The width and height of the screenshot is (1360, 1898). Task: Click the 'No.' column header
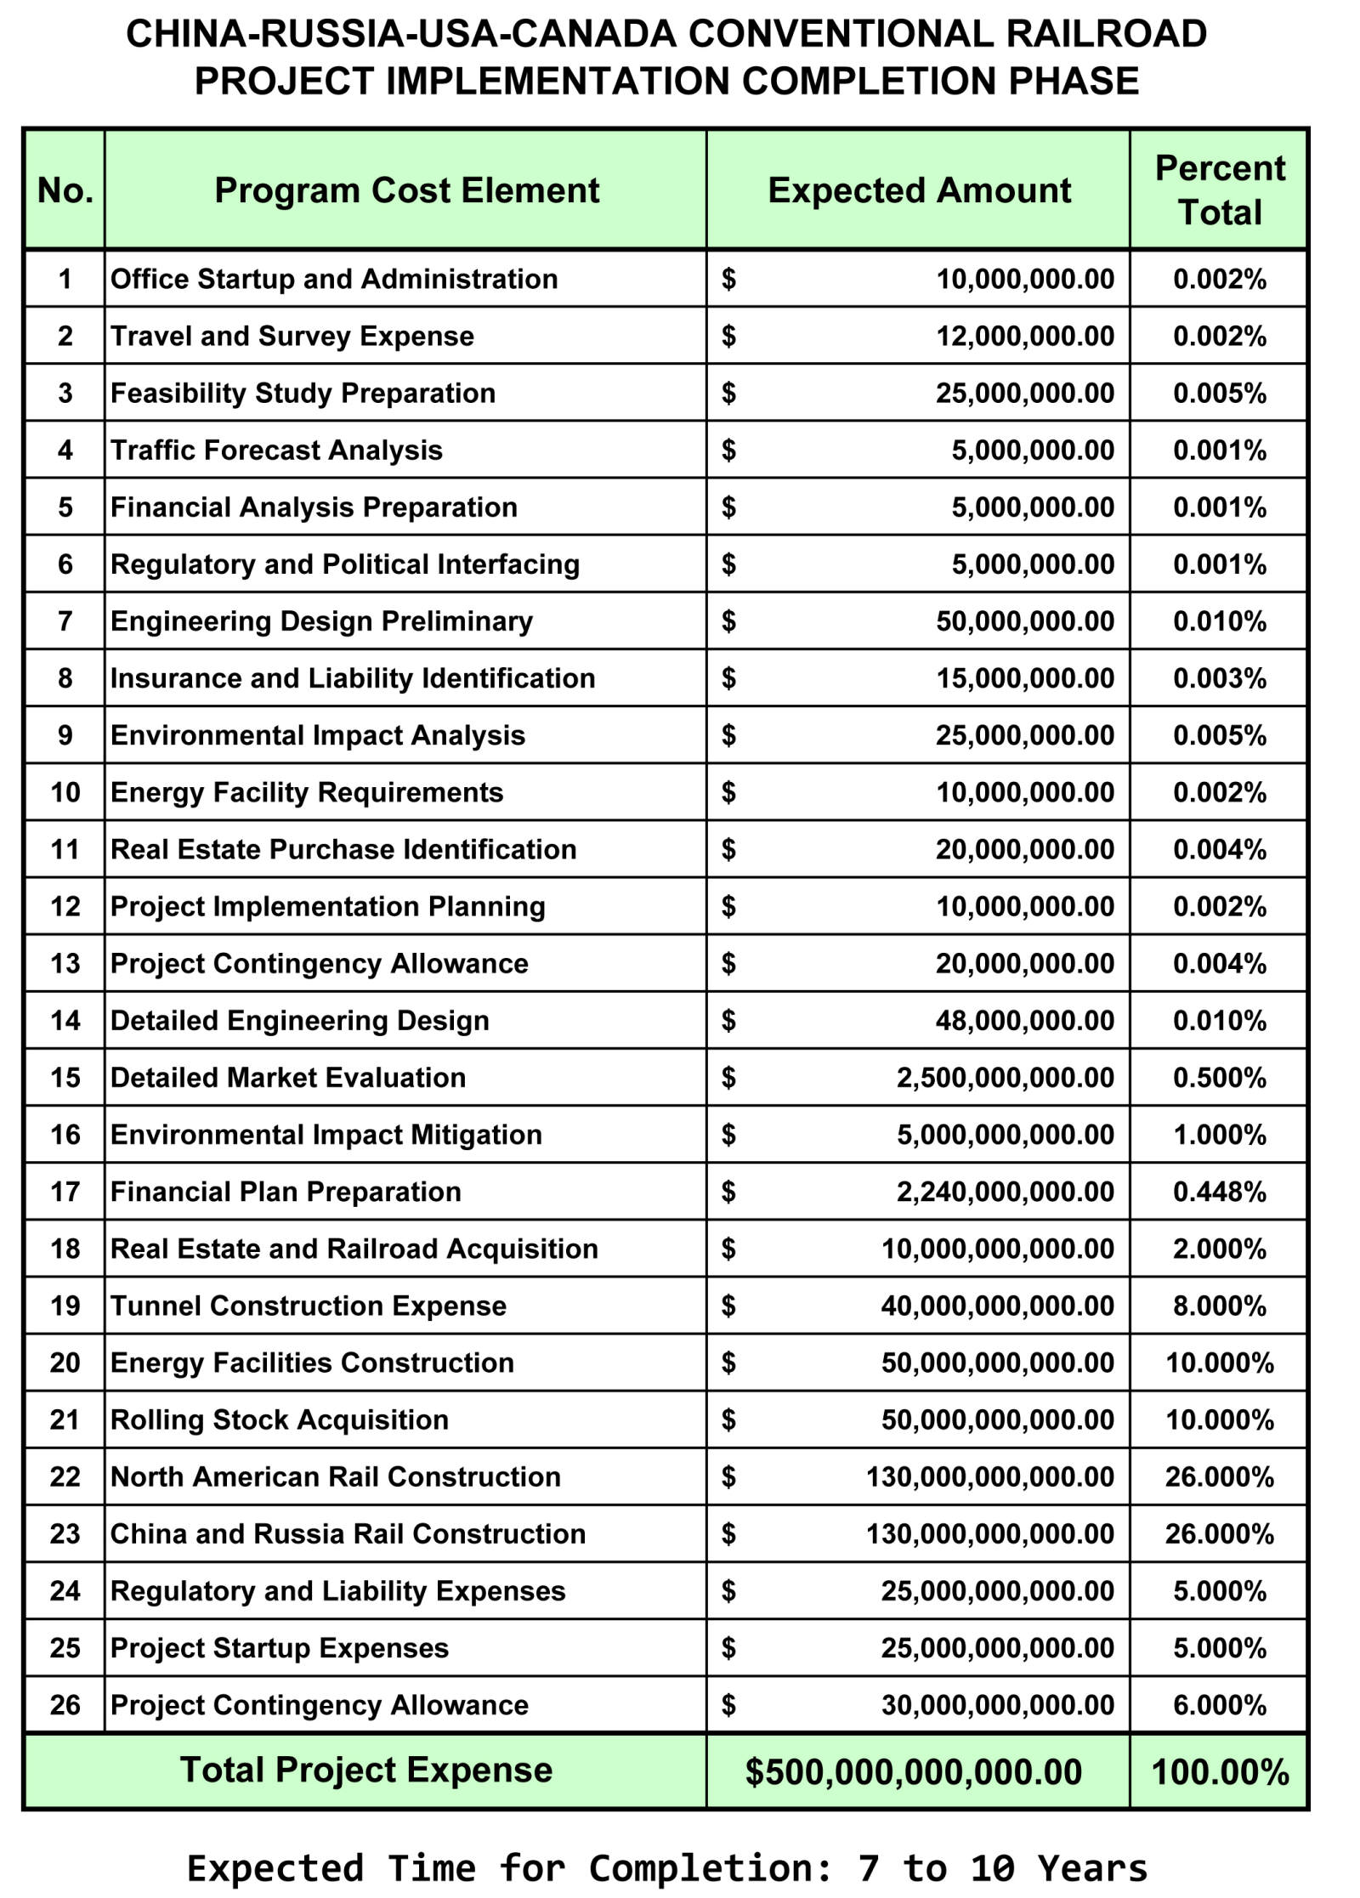pyautogui.click(x=65, y=190)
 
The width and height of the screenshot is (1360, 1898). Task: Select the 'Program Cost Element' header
pyautogui.click(x=406, y=190)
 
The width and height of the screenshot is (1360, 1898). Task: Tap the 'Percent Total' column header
pyautogui.click(x=1219, y=190)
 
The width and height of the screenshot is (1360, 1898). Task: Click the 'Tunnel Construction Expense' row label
pyautogui.click(x=308, y=1306)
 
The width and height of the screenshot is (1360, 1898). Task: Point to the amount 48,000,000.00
pyautogui.click(x=1024, y=1020)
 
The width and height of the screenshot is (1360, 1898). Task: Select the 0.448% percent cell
pyautogui.click(x=1219, y=1192)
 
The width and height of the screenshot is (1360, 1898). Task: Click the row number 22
pyautogui.click(x=65, y=1476)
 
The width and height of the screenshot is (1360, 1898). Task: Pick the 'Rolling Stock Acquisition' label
pyautogui.click(x=279, y=1419)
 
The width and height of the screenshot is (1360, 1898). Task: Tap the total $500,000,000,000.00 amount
pyautogui.click(x=913, y=1772)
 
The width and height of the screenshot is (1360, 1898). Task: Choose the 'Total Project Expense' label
pyautogui.click(x=365, y=1770)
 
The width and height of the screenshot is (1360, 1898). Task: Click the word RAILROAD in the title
pyautogui.click(x=1106, y=34)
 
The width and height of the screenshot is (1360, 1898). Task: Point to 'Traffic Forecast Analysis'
pyautogui.click(x=276, y=450)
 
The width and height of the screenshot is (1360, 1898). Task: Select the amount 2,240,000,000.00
pyautogui.click(x=1005, y=1192)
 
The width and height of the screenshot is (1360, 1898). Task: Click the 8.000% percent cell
pyautogui.click(x=1219, y=1306)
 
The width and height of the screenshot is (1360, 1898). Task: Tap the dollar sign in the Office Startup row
pyautogui.click(x=728, y=279)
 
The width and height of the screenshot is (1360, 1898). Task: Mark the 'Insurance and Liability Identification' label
pyautogui.click(x=352, y=678)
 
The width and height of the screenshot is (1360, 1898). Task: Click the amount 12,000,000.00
pyautogui.click(x=1024, y=336)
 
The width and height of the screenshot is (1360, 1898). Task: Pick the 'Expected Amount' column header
pyautogui.click(x=919, y=190)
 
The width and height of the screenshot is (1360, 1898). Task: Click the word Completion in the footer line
pyautogui.click(x=711, y=1868)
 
